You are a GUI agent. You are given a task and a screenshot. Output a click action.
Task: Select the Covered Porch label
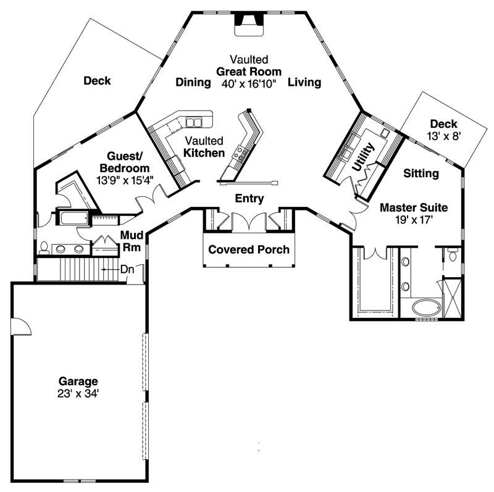[x=249, y=250]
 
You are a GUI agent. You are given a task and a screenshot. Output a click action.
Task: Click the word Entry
[x=249, y=199]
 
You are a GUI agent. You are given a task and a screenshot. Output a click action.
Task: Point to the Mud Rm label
[x=132, y=240]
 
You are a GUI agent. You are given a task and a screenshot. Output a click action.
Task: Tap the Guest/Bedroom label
[x=128, y=162]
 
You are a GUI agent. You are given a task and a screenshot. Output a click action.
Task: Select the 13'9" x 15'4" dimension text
[x=125, y=180]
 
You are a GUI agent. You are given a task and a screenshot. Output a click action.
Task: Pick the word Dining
[x=193, y=83]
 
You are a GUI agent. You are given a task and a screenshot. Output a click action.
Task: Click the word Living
[x=304, y=83]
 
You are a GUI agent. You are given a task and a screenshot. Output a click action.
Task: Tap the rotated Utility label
[x=361, y=157]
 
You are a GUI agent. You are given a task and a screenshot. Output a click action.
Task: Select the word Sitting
[x=421, y=174]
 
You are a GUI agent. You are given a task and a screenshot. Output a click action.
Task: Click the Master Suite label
[x=413, y=207]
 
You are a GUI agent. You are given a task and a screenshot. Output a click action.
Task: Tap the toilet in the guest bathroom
[x=44, y=249]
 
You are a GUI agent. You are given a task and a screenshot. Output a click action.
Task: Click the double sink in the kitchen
[x=194, y=122]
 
